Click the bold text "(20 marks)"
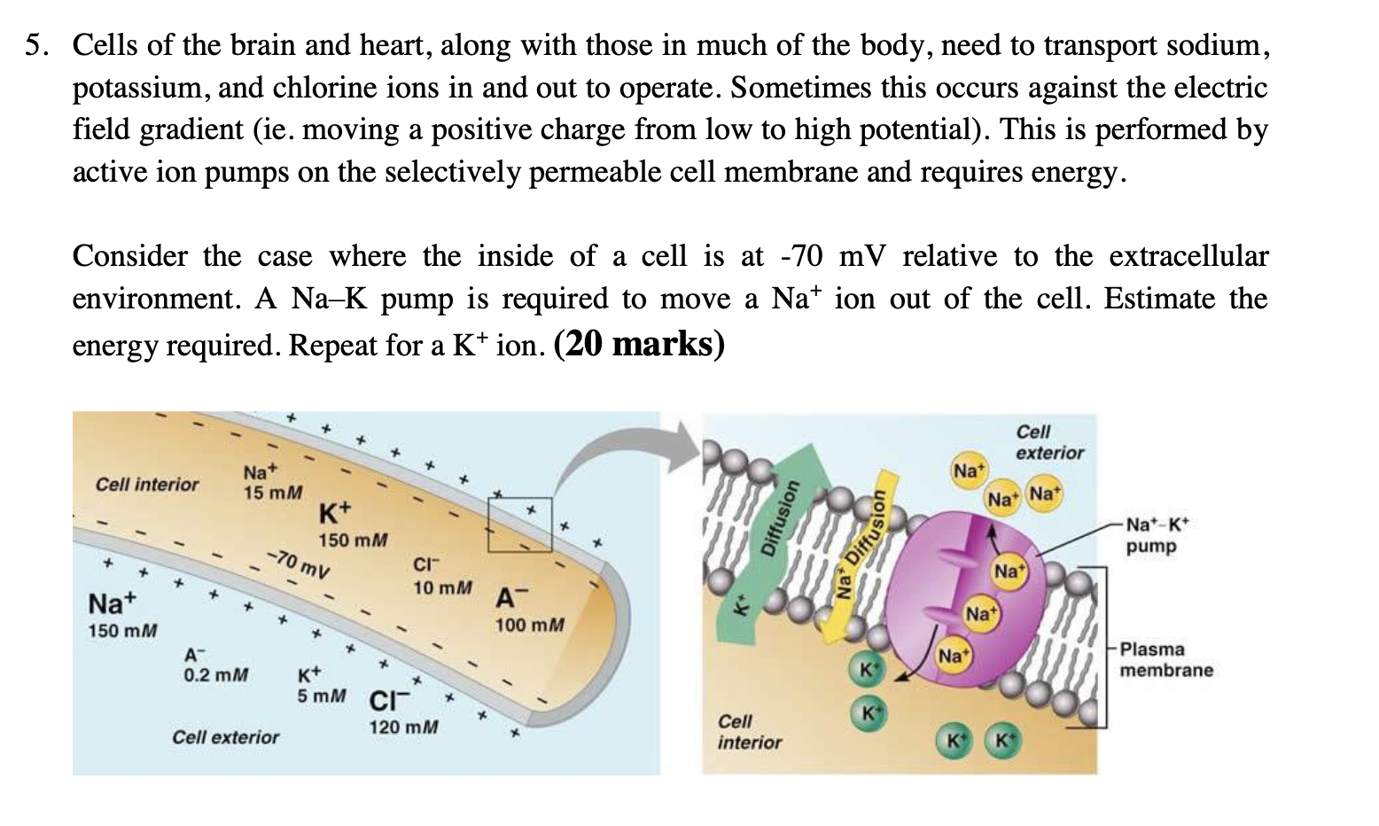(x=639, y=344)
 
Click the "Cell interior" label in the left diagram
(x=147, y=484)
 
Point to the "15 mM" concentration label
(x=273, y=491)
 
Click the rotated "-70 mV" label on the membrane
(x=300, y=563)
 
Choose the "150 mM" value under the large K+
(x=353, y=540)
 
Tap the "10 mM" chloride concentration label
(x=442, y=588)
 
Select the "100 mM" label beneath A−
(x=529, y=625)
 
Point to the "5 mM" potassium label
(x=321, y=696)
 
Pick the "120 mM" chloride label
(x=403, y=727)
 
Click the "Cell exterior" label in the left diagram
(x=225, y=736)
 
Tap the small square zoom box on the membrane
(x=519, y=525)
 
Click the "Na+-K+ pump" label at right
(x=1156, y=536)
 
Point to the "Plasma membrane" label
(x=1165, y=659)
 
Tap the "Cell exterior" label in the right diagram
(x=1048, y=442)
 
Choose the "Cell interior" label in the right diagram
(x=749, y=731)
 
